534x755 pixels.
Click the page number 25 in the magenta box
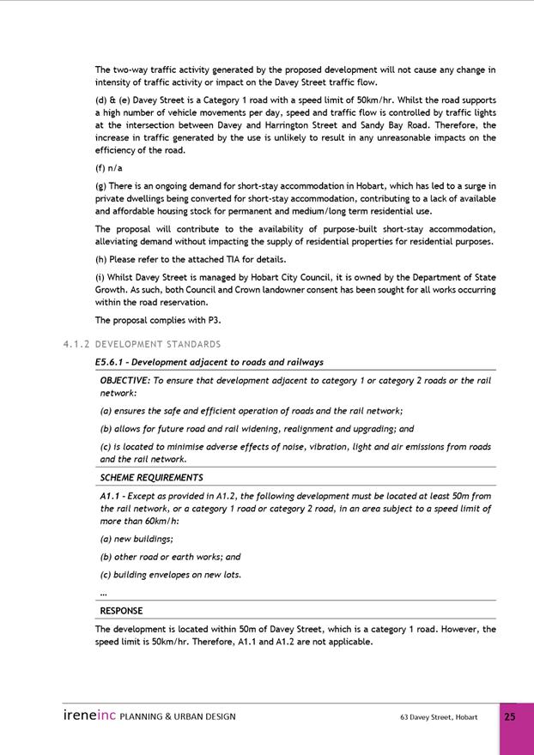click(510, 716)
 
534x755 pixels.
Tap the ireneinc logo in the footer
click(88, 716)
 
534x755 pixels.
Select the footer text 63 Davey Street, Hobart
click(439, 717)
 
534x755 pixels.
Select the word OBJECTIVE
click(124, 380)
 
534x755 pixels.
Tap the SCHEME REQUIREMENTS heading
click(151, 478)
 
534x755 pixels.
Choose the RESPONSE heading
click(121, 611)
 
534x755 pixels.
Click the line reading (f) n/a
click(109, 168)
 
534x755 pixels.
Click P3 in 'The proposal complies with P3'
click(213, 320)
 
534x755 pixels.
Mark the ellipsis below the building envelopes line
click(104, 593)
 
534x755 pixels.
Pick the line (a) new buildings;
click(137, 539)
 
